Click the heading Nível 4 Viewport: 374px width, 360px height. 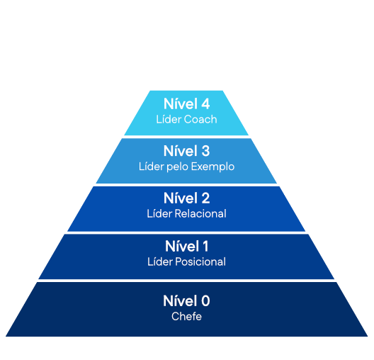pos(186,103)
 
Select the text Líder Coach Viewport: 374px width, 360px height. pos(186,119)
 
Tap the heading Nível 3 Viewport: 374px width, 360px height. pos(186,151)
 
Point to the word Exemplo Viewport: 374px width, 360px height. pos(212,167)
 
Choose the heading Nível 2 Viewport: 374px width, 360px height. pos(186,198)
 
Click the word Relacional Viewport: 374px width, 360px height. pos(200,213)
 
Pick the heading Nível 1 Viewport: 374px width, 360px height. pos(186,246)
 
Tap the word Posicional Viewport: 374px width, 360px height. pos(200,261)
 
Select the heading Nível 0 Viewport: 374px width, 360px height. pos(186,301)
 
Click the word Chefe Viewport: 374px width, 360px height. pos(186,316)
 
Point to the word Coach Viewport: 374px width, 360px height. pos(200,119)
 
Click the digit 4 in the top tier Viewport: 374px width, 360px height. pos(205,103)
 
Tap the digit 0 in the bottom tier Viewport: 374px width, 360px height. pos(205,301)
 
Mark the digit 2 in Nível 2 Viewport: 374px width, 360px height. pos(205,198)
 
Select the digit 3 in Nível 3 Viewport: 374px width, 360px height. pos(205,151)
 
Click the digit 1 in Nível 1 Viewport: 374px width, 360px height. pos(205,246)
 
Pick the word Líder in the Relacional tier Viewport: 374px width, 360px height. pos(159,213)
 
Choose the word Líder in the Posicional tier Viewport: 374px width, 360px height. pos(160,261)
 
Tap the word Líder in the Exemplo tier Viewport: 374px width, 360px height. pos(151,167)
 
